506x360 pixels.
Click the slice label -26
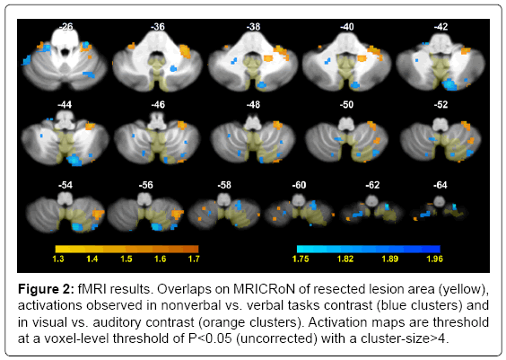[x=66, y=26]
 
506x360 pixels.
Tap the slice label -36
[x=158, y=26]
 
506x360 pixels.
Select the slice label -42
[x=441, y=26]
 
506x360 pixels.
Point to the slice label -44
[x=65, y=105]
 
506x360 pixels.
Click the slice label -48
[x=253, y=105]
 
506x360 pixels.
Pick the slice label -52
[x=441, y=105]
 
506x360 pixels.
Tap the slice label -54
[x=65, y=185]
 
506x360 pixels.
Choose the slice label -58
[x=224, y=185]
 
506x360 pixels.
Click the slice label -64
[x=441, y=185]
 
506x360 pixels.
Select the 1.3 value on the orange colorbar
[x=58, y=259]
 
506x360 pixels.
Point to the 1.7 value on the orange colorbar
[x=194, y=259]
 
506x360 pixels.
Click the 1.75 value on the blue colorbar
[x=301, y=259]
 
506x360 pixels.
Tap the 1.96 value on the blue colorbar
[x=435, y=259]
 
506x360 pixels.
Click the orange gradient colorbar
[x=126, y=249]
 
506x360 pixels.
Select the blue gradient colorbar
[x=369, y=249]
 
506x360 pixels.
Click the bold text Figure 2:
[x=46, y=289]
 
